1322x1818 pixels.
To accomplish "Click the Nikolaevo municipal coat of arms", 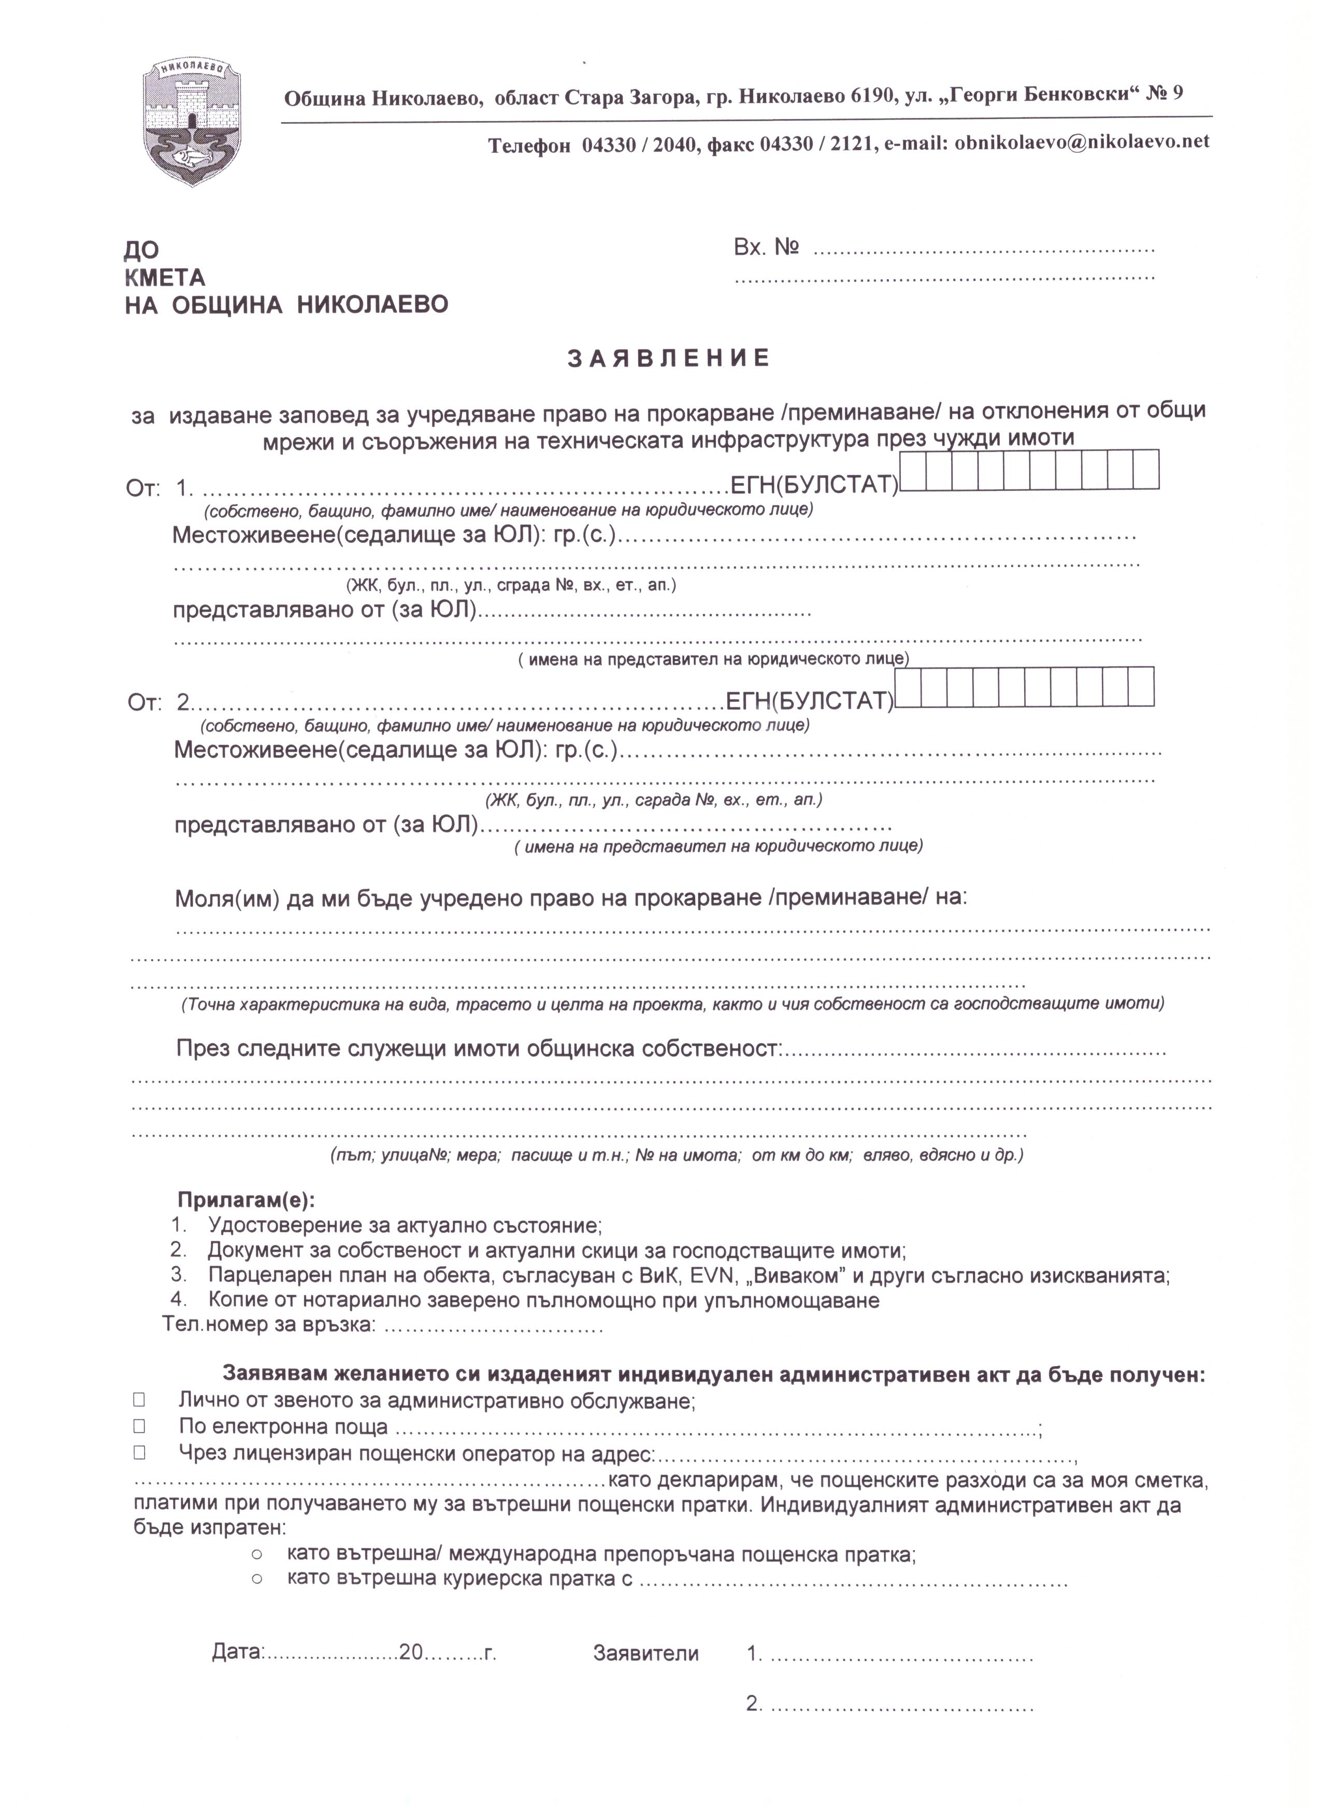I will point(192,122).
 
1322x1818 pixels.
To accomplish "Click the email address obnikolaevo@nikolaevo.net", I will point(1082,142).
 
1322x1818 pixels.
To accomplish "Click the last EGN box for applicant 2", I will point(1141,686).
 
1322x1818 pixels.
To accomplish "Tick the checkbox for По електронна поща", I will point(139,1426).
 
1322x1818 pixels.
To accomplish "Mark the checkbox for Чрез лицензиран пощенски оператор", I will point(139,1452).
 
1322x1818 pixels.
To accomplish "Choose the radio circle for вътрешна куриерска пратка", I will point(257,1579).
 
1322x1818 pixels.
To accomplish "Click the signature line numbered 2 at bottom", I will point(901,1704).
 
